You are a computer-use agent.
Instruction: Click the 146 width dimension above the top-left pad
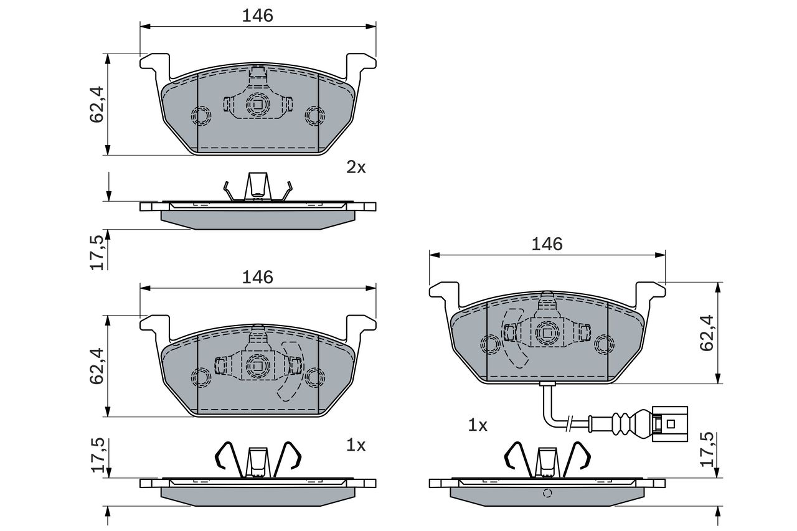(x=258, y=16)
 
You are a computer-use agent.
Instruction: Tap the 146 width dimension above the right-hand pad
(x=547, y=245)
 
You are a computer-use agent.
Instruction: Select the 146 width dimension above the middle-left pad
(x=258, y=278)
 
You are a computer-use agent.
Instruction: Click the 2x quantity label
(x=356, y=167)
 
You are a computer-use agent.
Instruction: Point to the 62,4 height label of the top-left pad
(x=97, y=105)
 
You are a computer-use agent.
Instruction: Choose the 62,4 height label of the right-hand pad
(x=707, y=333)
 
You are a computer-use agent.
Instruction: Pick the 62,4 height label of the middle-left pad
(x=97, y=366)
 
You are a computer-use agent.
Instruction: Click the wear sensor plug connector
(x=669, y=424)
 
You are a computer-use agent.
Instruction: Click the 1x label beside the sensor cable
(x=478, y=425)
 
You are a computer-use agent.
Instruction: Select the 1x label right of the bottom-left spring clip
(x=356, y=445)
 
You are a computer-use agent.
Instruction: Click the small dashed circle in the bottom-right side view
(x=547, y=493)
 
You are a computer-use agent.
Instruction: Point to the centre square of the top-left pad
(x=258, y=104)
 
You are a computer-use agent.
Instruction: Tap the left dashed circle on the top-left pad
(x=201, y=116)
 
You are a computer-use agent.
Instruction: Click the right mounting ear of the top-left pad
(x=361, y=64)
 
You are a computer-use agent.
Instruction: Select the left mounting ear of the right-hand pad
(x=445, y=292)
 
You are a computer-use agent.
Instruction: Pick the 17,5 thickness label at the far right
(x=707, y=449)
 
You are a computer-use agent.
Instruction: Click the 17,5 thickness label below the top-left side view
(x=97, y=253)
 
